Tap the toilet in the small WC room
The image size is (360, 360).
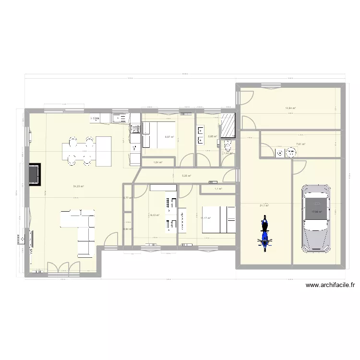(x=228, y=147)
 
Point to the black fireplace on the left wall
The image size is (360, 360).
(x=34, y=174)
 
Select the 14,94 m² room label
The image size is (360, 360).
(x=290, y=108)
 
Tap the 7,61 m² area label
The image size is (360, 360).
(x=301, y=144)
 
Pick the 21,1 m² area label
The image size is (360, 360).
(x=264, y=205)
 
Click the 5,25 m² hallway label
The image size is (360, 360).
(x=186, y=176)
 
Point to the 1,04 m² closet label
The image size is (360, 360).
(x=157, y=163)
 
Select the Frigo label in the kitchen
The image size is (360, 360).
(x=95, y=118)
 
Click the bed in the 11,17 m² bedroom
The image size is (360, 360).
(x=218, y=220)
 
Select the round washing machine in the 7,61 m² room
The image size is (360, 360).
(x=290, y=153)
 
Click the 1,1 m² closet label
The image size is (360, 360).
(x=217, y=189)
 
